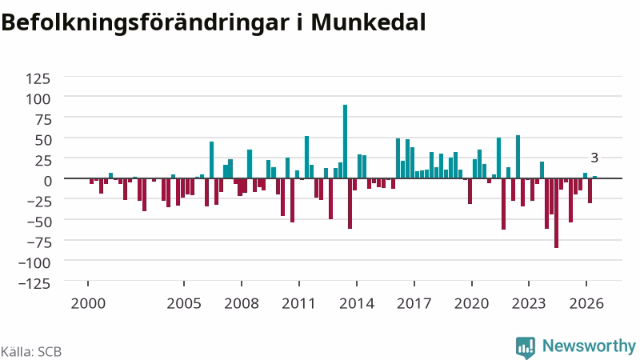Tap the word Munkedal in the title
(368, 22)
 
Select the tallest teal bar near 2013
(345, 142)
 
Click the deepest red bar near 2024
(556, 213)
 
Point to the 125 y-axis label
(38, 78)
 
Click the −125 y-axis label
(34, 283)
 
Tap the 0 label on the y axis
(47, 181)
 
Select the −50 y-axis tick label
(39, 222)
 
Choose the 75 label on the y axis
(43, 119)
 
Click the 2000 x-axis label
(88, 304)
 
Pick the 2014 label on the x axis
(357, 304)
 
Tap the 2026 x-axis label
(586, 304)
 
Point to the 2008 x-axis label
(242, 304)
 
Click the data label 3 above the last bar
(594, 158)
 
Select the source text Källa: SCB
(31, 352)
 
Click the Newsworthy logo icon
(526, 347)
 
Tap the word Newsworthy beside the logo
(589, 346)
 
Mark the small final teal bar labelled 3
(594, 177)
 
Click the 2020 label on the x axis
(471, 304)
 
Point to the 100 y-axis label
(38, 98)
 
